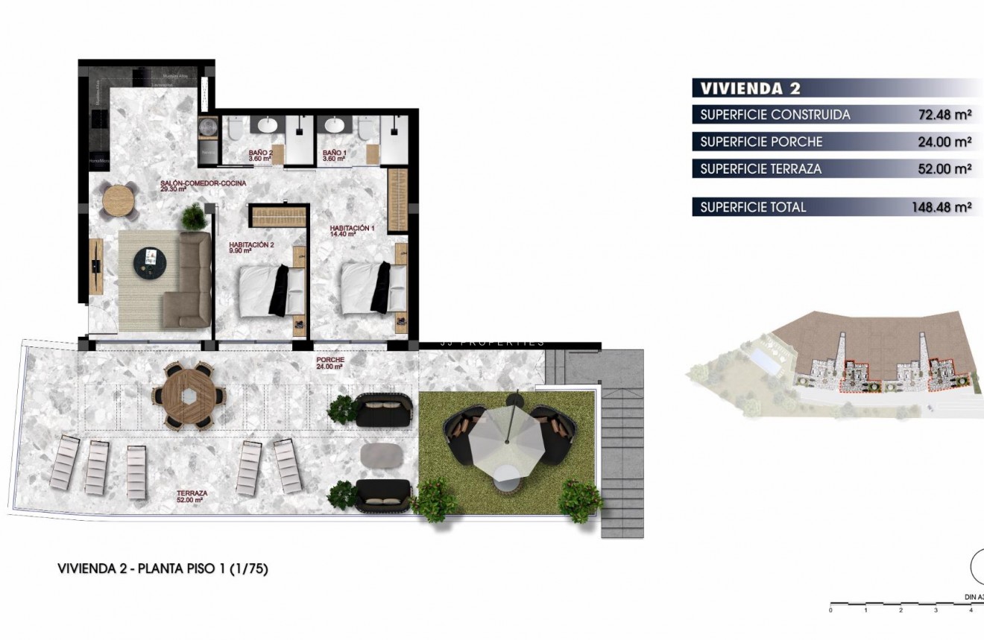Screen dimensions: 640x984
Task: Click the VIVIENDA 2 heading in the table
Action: (750, 89)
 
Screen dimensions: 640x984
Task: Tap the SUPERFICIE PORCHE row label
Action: (761, 142)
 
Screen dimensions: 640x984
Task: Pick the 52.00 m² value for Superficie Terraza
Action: (944, 169)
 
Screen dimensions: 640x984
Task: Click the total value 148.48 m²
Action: (941, 207)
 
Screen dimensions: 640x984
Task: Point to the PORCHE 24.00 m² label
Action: (329, 363)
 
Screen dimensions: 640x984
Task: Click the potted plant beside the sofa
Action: (193, 217)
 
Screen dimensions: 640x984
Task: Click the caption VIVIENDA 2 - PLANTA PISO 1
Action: (163, 568)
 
